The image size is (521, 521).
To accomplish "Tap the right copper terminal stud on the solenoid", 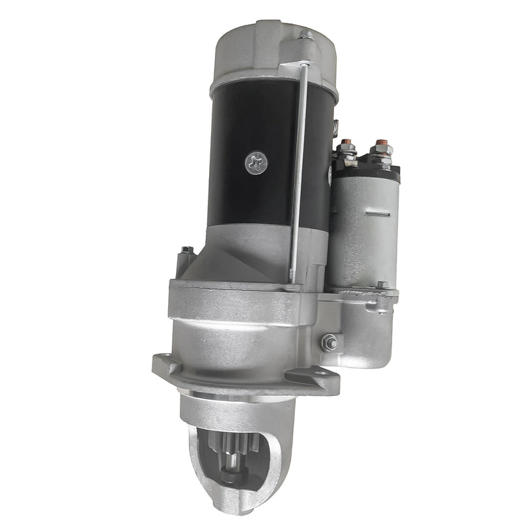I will pos(381,144).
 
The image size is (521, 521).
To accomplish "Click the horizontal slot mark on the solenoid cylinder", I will pos(377,213).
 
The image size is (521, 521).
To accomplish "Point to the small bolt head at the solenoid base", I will pos(382,285).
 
